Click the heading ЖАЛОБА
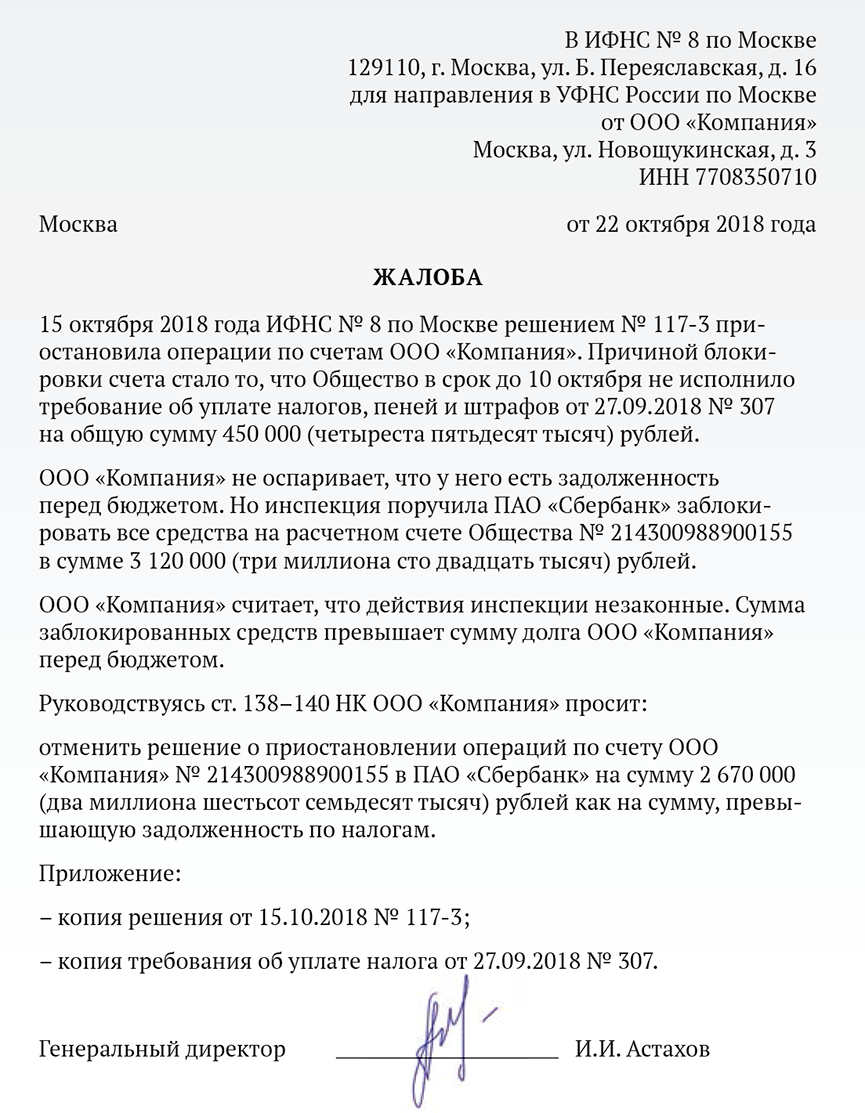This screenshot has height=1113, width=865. tap(427, 277)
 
